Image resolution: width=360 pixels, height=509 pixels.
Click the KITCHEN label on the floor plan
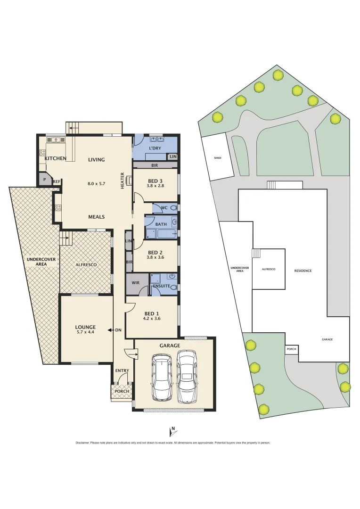coord(55,159)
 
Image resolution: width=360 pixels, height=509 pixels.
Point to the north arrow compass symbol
coord(172,431)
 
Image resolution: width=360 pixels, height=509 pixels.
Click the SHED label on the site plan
coord(218,158)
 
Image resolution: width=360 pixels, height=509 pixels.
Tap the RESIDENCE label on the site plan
coord(303,271)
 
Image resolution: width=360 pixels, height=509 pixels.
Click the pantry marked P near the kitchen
coord(45,180)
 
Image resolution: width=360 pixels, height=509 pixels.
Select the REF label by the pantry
coord(56,181)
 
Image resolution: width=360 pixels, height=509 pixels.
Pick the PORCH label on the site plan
coord(291,349)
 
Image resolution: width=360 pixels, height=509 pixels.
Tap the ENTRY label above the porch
coord(122,370)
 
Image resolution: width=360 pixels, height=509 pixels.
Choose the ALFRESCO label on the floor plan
coord(86,265)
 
